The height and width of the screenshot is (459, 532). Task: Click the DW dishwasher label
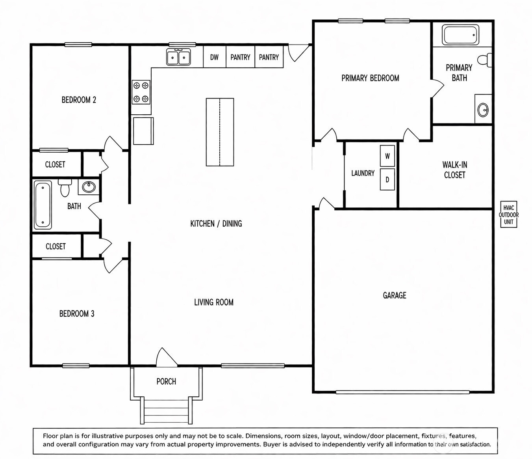pyautogui.click(x=214, y=57)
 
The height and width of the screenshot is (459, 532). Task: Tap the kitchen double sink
pyautogui.click(x=178, y=57)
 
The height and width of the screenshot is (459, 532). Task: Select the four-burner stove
pyautogui.click(x=141, y=92)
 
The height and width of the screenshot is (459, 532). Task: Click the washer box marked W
pyautogui.click(x=387, y=156)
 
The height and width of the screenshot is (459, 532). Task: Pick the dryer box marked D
pyautogui.click(x=387, y=179)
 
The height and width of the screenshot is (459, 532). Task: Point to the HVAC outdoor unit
pyautogui.click(x=509, y=215)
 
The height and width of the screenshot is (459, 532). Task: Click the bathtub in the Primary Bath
pyautogui.click(x=460, y=35)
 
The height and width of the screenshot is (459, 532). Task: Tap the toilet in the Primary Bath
pyautogui.click(x=485, y=60)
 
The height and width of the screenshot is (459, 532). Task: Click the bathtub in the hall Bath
pyautogui.click(x=43, y=205)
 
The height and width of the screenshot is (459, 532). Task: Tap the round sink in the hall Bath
pyautogui.click(x=89, y=187)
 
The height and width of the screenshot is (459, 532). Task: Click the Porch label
pyautogui.click(x=166, y=381)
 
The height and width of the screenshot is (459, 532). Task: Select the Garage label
pyautogui.click(x=395, y=295)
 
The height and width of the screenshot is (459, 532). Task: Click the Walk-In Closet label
pyautogui.click(x=454, y=170)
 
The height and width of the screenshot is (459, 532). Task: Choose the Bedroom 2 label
pyautogui.click(x=79, y=100)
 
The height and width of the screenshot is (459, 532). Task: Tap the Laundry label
pyautogui.click(x=363, y=173)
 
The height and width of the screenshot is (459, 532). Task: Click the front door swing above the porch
pyautogui.click(x=166, y=357)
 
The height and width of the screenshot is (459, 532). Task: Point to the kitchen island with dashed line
pyautogui.click(x=220, y=132)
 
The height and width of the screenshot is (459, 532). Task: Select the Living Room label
pyautogui.click(x=213, y=302)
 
